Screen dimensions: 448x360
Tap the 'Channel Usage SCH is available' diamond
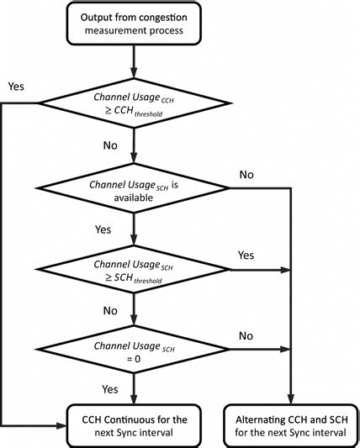[134, 191]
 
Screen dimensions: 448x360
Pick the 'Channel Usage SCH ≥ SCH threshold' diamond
[134, 272]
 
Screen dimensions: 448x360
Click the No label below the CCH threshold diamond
[110, 145]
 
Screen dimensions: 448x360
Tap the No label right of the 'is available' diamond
[247, 175]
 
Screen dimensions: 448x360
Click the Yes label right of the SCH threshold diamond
[247, 255]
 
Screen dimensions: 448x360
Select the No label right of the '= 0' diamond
[247, 335]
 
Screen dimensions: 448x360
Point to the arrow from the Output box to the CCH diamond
[134, 61]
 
